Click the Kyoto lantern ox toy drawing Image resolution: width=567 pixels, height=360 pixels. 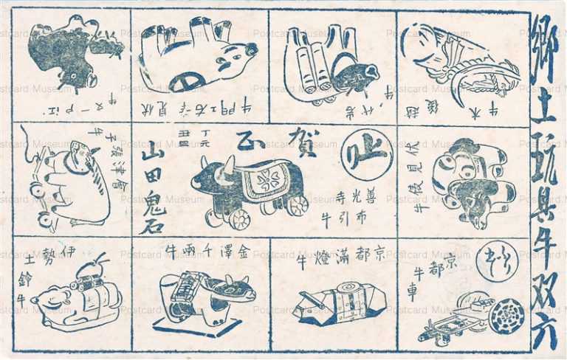pos(333,304)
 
